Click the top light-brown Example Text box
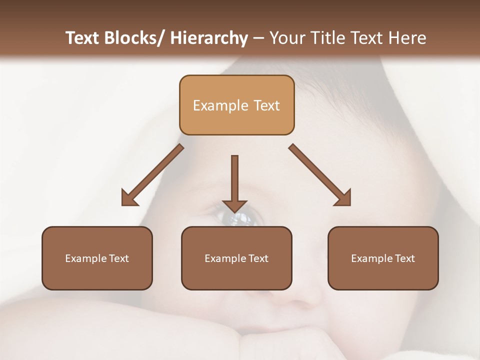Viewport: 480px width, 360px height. tap(236, 105)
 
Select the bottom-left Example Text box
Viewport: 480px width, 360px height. tap(97, 258)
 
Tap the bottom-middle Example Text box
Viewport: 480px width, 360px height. tap(236, 258)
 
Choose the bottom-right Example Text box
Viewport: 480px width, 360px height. tap(383, 258)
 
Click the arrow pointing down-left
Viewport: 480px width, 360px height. tap(152, 175)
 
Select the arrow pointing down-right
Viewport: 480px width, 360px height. tap(319, 175)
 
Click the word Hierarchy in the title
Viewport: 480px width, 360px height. tap(209, 38)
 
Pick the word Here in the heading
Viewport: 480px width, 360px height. tap(407, 38)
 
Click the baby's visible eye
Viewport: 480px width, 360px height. tap(239, 218)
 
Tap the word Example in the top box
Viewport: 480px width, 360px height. tap(220, 105)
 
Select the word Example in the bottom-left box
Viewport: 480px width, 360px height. tap(85, 258)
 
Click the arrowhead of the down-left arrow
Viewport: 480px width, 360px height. tap(128, 199)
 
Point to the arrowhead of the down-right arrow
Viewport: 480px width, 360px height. tap(343, 198)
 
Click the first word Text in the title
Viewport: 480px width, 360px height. tap(83, 38)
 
